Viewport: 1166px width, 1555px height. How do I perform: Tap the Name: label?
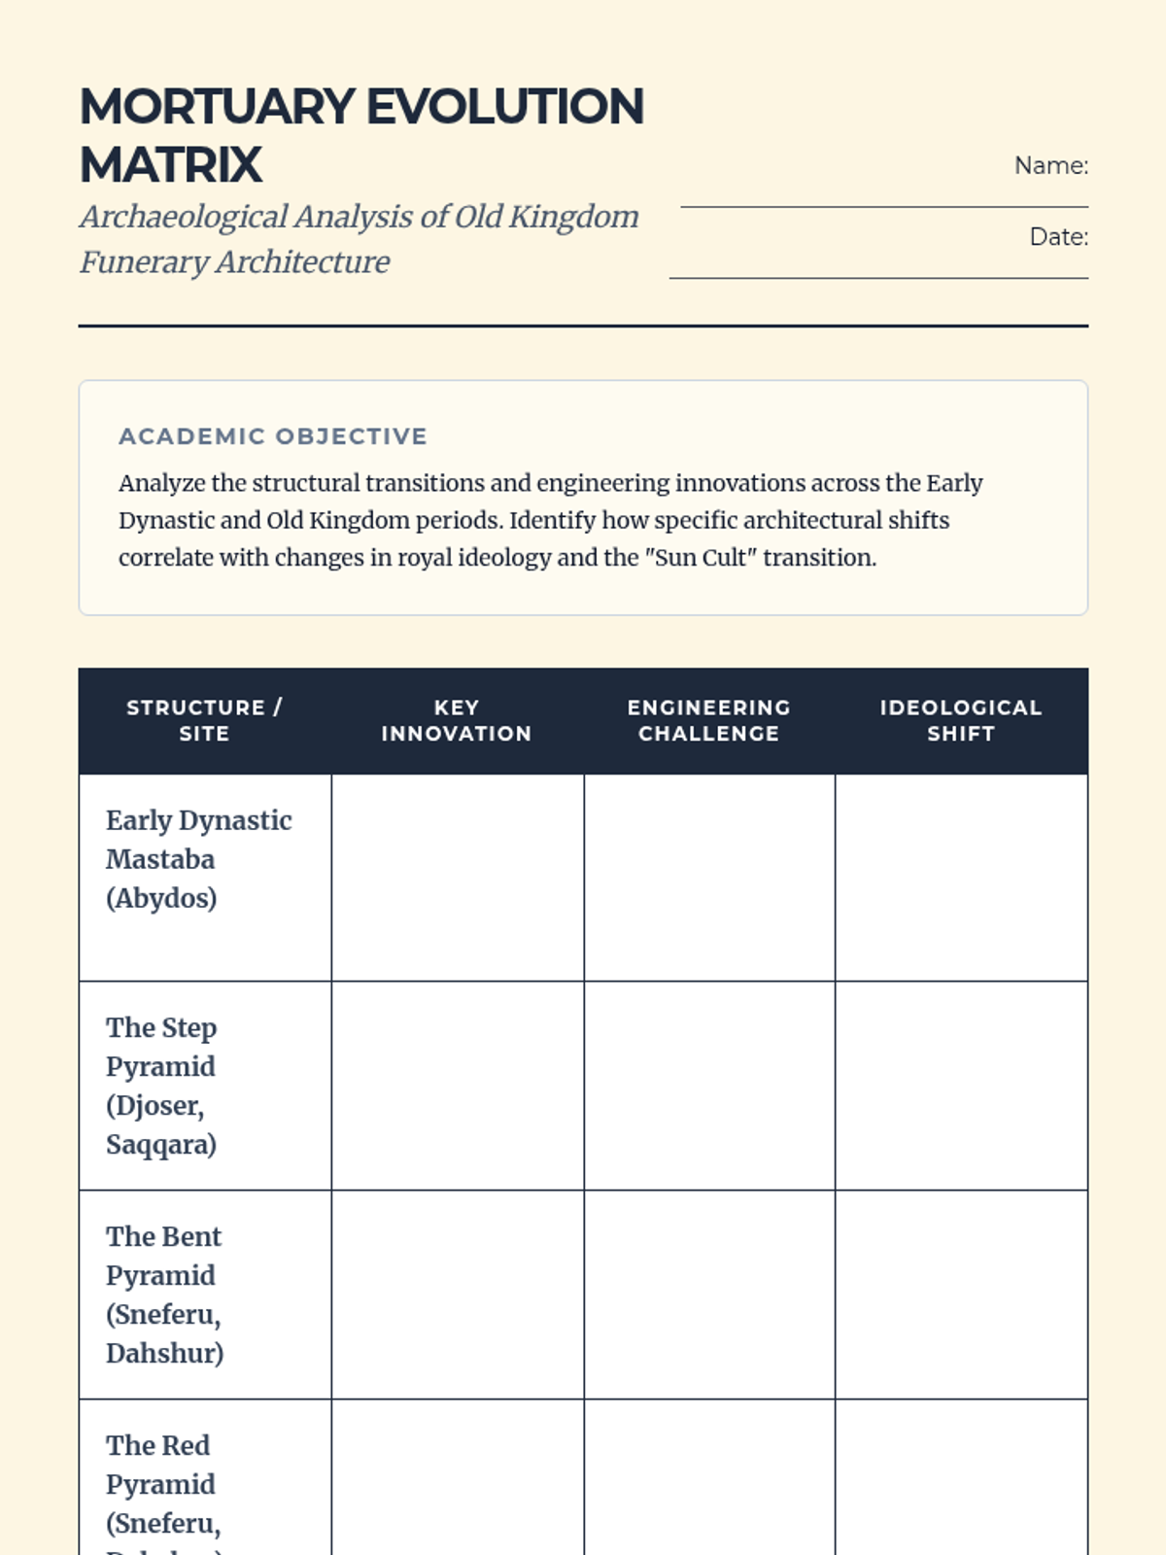[x=1050, y=166]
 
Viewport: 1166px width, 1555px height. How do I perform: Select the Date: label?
[x=1058, y=237]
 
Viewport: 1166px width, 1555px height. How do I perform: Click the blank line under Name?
[x=884, y=206]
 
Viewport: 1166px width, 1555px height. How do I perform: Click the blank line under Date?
[x=878, y=278]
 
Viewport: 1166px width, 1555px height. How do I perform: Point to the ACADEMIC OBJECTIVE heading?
[x=272, y=436]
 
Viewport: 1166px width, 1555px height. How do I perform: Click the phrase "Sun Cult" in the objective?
[x=700, y=558]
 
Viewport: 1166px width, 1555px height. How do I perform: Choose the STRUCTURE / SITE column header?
[x=204, y=720]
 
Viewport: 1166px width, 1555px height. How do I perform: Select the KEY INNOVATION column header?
[x=457, y=720]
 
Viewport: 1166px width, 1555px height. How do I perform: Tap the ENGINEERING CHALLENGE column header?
[x=709, y=720]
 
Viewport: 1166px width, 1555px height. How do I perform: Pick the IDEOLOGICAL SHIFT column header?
[x=961, y=720]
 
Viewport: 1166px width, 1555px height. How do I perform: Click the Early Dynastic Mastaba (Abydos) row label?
[x=198, y=859]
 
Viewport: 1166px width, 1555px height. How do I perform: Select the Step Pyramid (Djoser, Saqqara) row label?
[x=161, y=1086]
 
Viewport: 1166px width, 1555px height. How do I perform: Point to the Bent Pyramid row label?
[x=164, y=1295]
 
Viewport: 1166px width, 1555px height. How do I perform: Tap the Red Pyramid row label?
[x=161, y=1484]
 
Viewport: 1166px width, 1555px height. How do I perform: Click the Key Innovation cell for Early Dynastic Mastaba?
[x=458, y=878]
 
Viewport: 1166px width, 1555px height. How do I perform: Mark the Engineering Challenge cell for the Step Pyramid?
[x=709, y=1086]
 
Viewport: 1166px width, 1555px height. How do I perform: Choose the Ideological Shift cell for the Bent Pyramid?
[x=961, y=1295]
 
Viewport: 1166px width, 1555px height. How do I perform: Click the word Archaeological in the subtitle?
[x=185, y=217]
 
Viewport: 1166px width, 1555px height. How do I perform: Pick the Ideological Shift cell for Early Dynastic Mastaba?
[x=961, y=878]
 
